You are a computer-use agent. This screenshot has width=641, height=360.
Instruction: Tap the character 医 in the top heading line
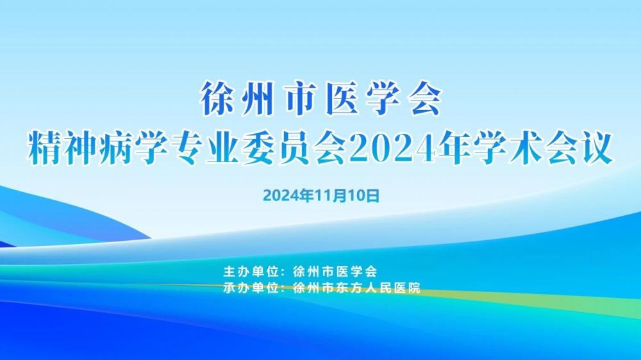(x=341, y=98)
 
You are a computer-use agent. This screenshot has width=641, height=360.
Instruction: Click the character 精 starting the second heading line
(x=44, y=148)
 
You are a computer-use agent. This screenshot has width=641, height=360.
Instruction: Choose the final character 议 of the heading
(x=596, y=148)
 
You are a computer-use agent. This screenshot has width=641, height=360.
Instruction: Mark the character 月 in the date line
(x=337, y=196)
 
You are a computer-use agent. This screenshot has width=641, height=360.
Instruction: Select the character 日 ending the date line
(x=372, y=196)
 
